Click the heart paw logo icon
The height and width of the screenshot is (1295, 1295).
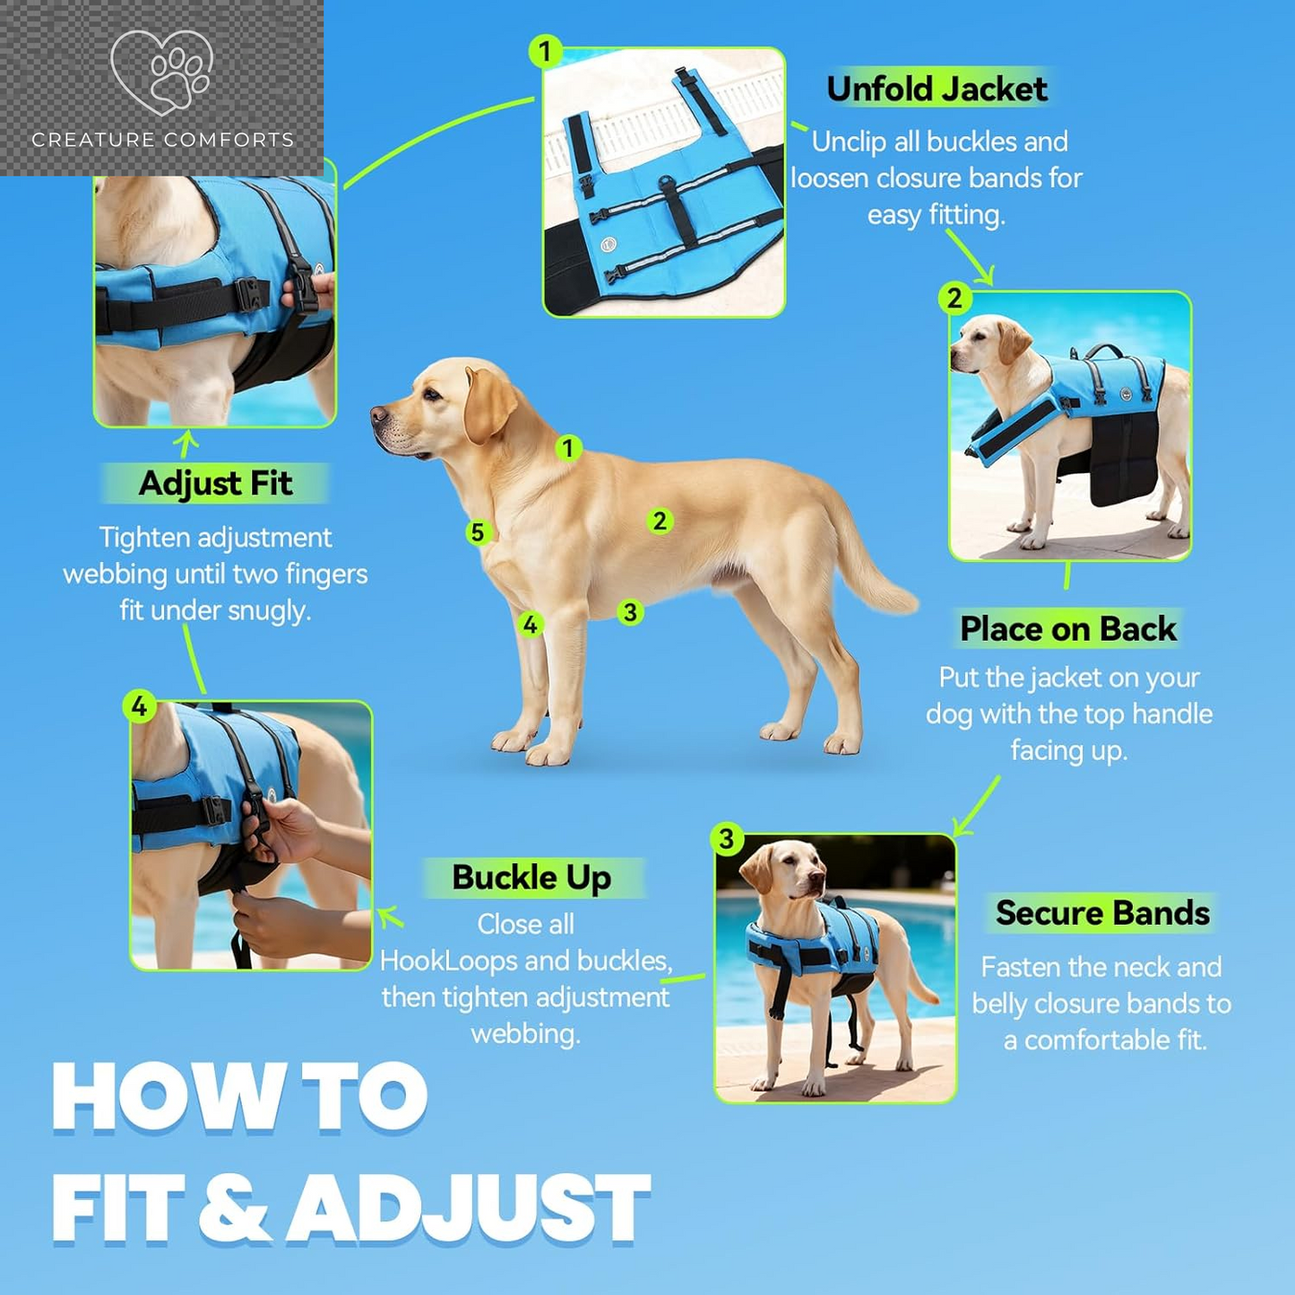(x=161, y=71)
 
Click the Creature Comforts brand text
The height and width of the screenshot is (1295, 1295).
(x=162, y=140)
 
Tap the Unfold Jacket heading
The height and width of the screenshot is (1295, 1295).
(x=937, y=89)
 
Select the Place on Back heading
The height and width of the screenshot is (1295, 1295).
(x=1068, y=629)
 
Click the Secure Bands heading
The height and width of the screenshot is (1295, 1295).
(x=1102, y=912)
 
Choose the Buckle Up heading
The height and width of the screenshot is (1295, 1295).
(x=531, y=877)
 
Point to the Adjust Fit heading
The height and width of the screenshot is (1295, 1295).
(x=215, y=483)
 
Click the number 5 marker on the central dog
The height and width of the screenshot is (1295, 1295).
(x=477, y=532)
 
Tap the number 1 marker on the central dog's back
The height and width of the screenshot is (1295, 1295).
(x=568, y=447)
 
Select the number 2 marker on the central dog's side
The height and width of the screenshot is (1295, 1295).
(x=660, y=520)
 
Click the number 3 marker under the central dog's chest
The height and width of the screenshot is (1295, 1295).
(x=630, y=612)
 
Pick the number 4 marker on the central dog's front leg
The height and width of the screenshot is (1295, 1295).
(x=531, y=625)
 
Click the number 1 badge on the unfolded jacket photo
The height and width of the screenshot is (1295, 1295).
(x=544, y=51)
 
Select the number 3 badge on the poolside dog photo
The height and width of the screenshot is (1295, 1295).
(x=727, y=839)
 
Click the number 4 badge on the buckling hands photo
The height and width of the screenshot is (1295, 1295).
(x=139, y=706)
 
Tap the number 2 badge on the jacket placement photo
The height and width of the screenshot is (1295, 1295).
(x=954, y=298)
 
